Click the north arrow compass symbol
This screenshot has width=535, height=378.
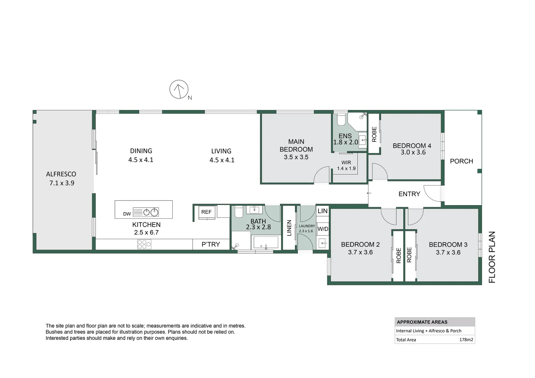[179, 89]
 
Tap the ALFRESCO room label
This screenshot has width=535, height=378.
[61, 174]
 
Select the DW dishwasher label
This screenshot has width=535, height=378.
[127, 214]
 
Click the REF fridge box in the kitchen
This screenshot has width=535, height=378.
[206, 212]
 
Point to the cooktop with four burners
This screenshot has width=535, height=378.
[144, 244]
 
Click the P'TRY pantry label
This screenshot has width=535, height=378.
[211, 244]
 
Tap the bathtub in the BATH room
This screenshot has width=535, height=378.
[266, 242]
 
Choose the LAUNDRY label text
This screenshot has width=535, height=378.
[307, 226]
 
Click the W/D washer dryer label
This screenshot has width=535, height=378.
[323, 229]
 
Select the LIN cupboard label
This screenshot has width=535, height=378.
[322, 211]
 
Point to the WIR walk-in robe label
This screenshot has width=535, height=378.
[346, 162]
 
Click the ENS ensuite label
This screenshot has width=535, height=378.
[345, 136]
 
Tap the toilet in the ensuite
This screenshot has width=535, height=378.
[341, 120]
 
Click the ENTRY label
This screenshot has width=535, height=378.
[409, 194]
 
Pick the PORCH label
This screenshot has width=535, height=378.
[461, 161]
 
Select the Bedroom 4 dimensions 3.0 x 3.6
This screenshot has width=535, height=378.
[413, 152]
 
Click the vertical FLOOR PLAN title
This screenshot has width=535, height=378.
[492, 257]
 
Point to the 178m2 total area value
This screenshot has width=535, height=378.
[466, 339]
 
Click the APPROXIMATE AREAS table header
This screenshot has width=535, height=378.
[422, 322]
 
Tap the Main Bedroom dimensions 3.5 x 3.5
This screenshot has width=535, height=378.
[296, 157]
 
